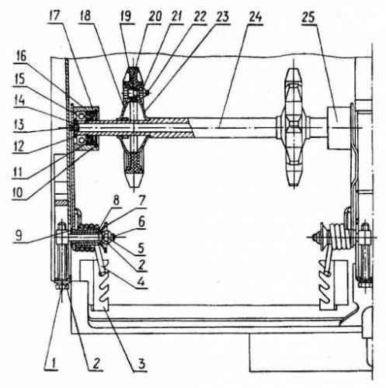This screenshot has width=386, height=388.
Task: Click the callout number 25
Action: (x=308, y=18)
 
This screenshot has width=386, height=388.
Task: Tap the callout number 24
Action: (x=255, y=17)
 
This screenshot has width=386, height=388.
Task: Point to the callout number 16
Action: (x=21, y=57)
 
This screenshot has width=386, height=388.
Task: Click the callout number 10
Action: (x=18, y=192)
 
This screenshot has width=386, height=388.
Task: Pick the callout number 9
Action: (x=18, y=235)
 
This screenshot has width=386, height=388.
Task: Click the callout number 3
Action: (x=141, y=364)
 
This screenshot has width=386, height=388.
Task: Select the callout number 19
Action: (x=126, y=17)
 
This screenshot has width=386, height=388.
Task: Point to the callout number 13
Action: (x=19, y=125)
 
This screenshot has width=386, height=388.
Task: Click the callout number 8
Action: (x=116, y=200)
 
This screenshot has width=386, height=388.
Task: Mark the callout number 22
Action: (x=200, y=17)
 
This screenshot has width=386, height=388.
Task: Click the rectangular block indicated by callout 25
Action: (x=338, y=128)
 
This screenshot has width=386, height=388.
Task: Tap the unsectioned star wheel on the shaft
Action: (x=294, y=127)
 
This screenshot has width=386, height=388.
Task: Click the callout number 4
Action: (x=141, y=281)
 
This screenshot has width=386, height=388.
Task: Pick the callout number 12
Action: (x=19, y=147)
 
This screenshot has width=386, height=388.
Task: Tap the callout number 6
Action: (x=141, y=222)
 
